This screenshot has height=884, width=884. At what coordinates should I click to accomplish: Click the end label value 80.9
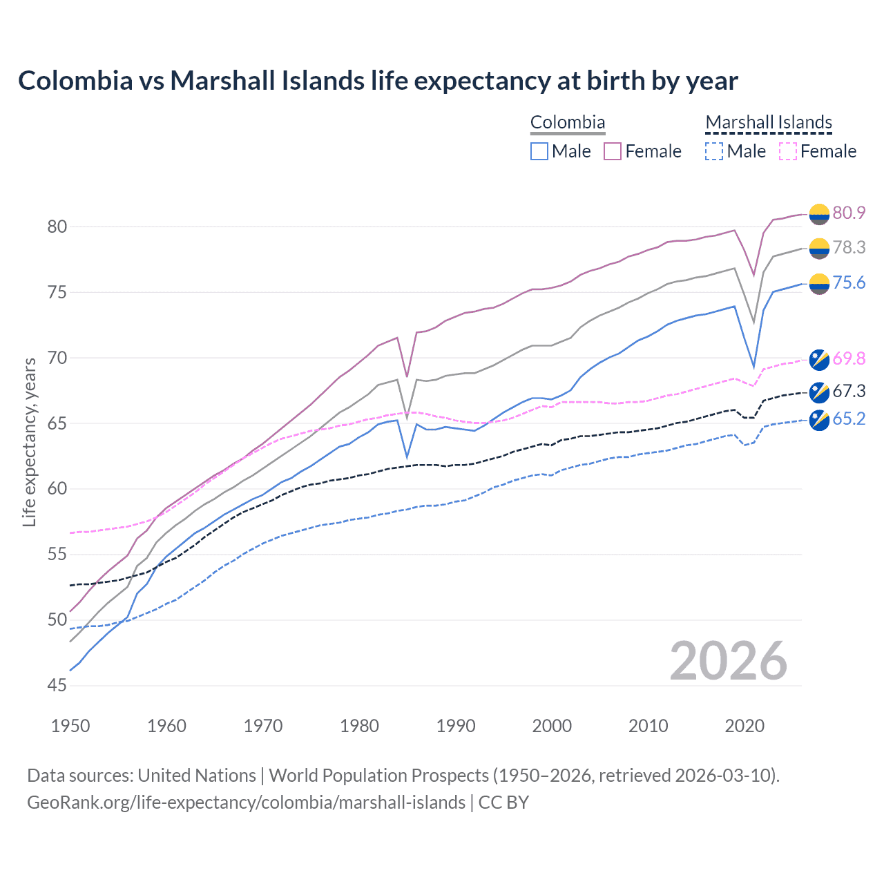pos(849,213)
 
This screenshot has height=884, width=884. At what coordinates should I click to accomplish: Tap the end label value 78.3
pos(849,247)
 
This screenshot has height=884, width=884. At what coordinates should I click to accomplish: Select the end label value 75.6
pos(849,283)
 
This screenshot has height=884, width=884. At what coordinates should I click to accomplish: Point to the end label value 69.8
pos(849,358)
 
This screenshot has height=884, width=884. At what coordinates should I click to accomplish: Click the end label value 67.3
pos(849,392)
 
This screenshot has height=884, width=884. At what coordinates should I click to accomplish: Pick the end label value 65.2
pos(849,419)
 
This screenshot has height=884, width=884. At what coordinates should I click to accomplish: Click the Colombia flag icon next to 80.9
pos(819,214)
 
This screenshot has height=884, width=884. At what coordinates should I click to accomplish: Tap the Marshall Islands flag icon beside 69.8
pos(819,359)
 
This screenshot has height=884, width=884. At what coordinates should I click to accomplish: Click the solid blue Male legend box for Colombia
pos(539,151)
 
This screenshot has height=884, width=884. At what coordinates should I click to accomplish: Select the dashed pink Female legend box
pos(787,151)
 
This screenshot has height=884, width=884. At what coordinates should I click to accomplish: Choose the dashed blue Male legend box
pos(714,151)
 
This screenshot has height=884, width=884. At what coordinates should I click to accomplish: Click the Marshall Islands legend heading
pos(769,122)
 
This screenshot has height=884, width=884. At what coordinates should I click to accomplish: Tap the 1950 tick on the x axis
pos(70,726)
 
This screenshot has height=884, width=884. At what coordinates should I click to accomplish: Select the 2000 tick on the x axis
pos(552,726)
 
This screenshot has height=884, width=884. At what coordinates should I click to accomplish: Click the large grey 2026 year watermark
pos(728,661)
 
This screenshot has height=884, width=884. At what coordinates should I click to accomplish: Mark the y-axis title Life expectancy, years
pos(30,442)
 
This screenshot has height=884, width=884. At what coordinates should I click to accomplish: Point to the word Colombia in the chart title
pos(75,81)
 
